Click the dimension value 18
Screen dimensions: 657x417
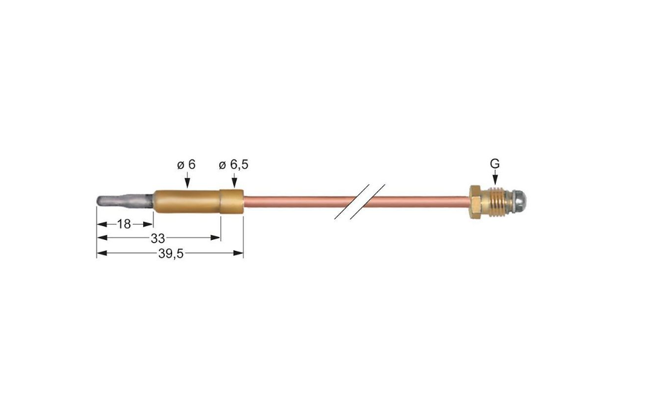tap(124, 224)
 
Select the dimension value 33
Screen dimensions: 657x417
tap(158, 238)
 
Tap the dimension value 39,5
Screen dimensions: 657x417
tap(171, 253)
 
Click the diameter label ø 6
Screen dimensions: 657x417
tap(187, 164)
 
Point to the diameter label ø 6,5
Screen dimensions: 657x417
tap(233, 164)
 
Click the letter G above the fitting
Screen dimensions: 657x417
tap(495, 164)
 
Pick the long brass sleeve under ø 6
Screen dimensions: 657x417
tap(187, 202)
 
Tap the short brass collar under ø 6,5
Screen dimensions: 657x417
tap(232, 202)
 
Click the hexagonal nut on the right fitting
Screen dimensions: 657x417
tap(475, 202)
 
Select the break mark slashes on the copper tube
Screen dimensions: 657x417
tap(359, 202)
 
